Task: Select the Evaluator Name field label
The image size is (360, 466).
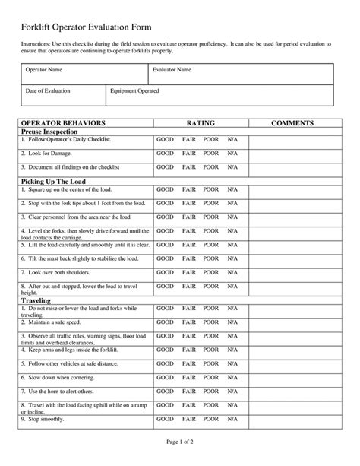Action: pos(172,71)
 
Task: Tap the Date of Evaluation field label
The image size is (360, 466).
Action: pos(49,91)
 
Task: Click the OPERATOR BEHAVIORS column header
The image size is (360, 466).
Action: pos(63,122)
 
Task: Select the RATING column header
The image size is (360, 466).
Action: pos(201,122)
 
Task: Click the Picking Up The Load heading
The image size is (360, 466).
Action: pos(53,181)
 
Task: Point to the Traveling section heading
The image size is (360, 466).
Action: pos(36,300)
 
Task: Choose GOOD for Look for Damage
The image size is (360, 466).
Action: pos(165,154)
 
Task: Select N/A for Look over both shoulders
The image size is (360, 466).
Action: pos(232,271)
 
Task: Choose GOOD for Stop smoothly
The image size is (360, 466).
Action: pos(165,418)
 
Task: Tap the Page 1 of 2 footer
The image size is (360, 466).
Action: pos(179,442)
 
